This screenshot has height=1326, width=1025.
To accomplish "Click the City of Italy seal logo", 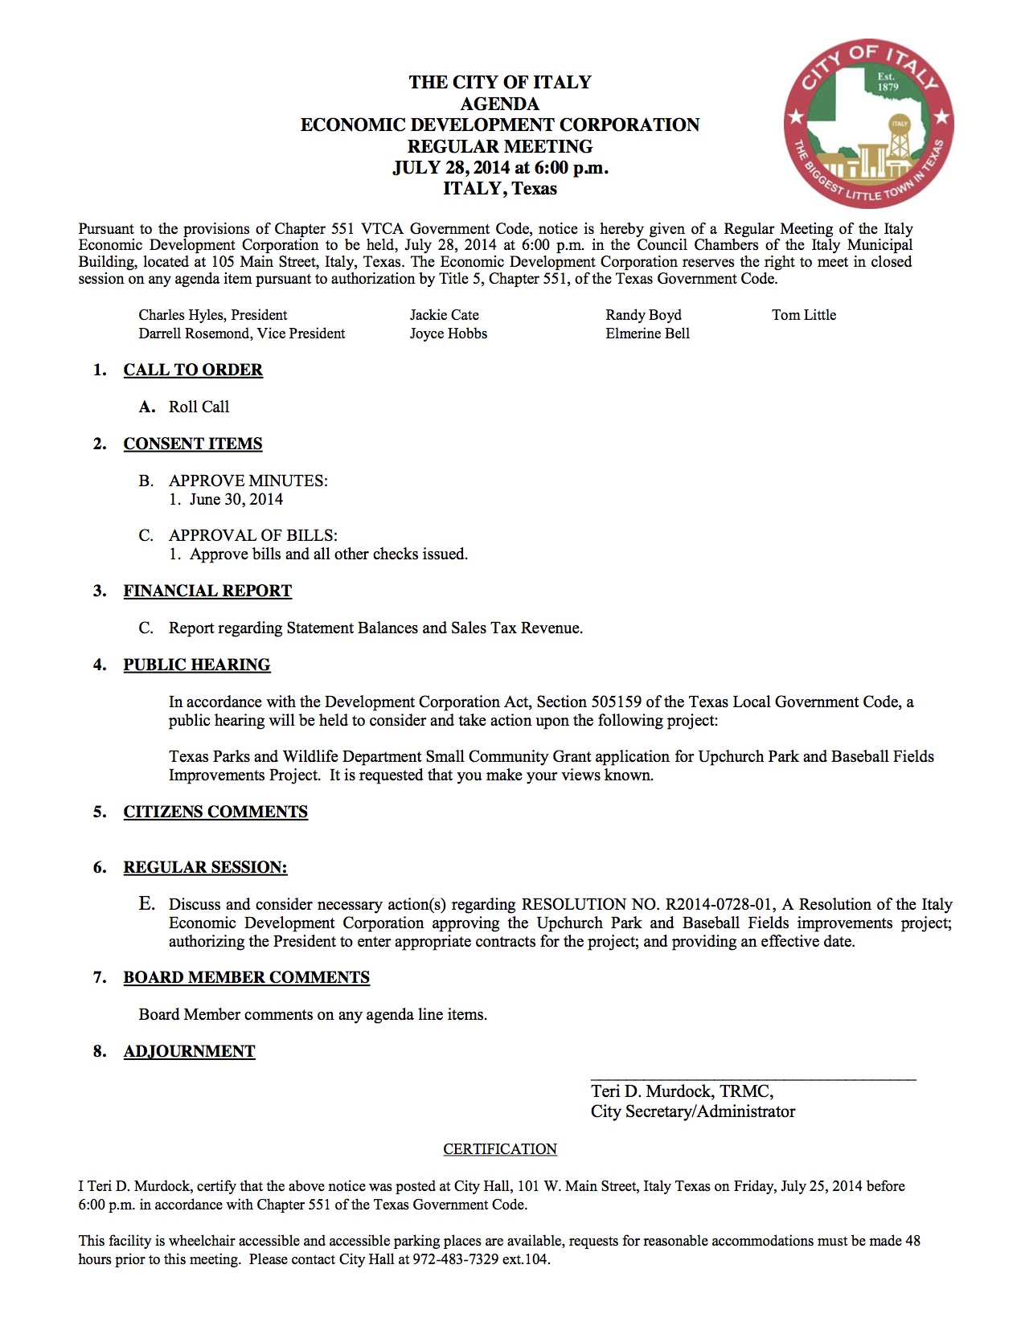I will coord(868,123).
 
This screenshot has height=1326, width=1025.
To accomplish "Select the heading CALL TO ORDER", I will coord(193,370).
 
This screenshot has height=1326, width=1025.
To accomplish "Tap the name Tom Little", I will coord(804,315).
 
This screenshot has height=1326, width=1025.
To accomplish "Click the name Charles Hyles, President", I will coord(212,315).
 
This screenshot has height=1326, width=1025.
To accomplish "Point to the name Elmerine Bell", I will coord(647,334).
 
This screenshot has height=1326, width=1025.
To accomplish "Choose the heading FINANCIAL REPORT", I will coord(207,591).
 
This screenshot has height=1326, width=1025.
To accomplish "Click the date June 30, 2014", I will coord(236,499).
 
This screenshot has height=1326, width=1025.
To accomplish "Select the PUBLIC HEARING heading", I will coord(197,665).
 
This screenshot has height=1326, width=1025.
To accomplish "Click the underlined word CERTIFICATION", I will coord(500,1149).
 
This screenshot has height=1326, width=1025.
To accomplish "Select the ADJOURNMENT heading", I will coord(189,1051).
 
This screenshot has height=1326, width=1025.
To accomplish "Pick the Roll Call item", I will coord(199,407).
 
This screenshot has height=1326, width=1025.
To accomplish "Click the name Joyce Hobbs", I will coord(448,334).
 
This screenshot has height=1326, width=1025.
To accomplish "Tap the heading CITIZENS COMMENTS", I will coord(215,812).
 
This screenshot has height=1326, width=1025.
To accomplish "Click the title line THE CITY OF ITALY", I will coord(499,82).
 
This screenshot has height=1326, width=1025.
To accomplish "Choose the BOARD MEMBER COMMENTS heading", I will coord(246,977).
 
